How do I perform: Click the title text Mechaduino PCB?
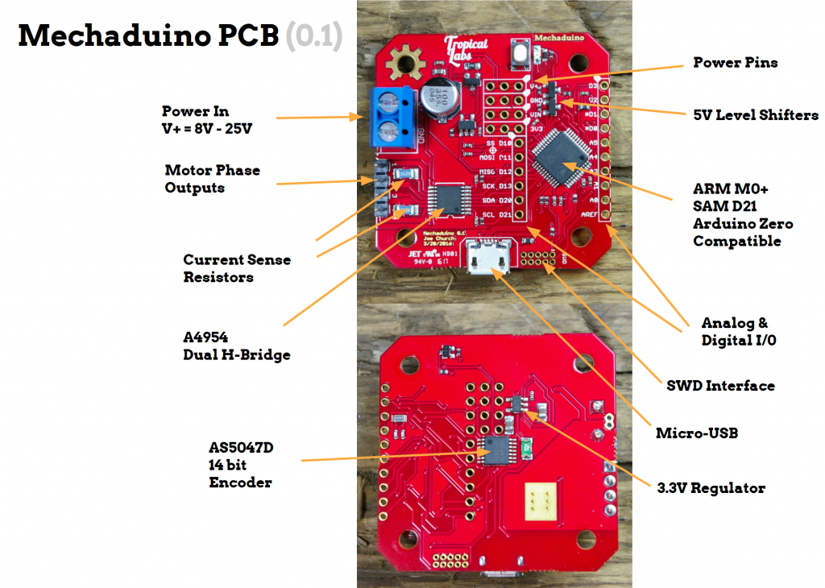click(x=148, y=36)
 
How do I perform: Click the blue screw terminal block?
click(x=394, y=118)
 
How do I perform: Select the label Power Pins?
click(x=736, y=62)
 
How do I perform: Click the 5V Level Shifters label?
click(x=756, y=115)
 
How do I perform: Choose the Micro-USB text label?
click(x=697, y=433)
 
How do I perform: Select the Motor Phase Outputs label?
click(x=212, y=179)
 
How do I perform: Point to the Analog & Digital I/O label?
click(x=739, y=332)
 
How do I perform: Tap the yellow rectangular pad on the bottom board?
click(x=541, y=500)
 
